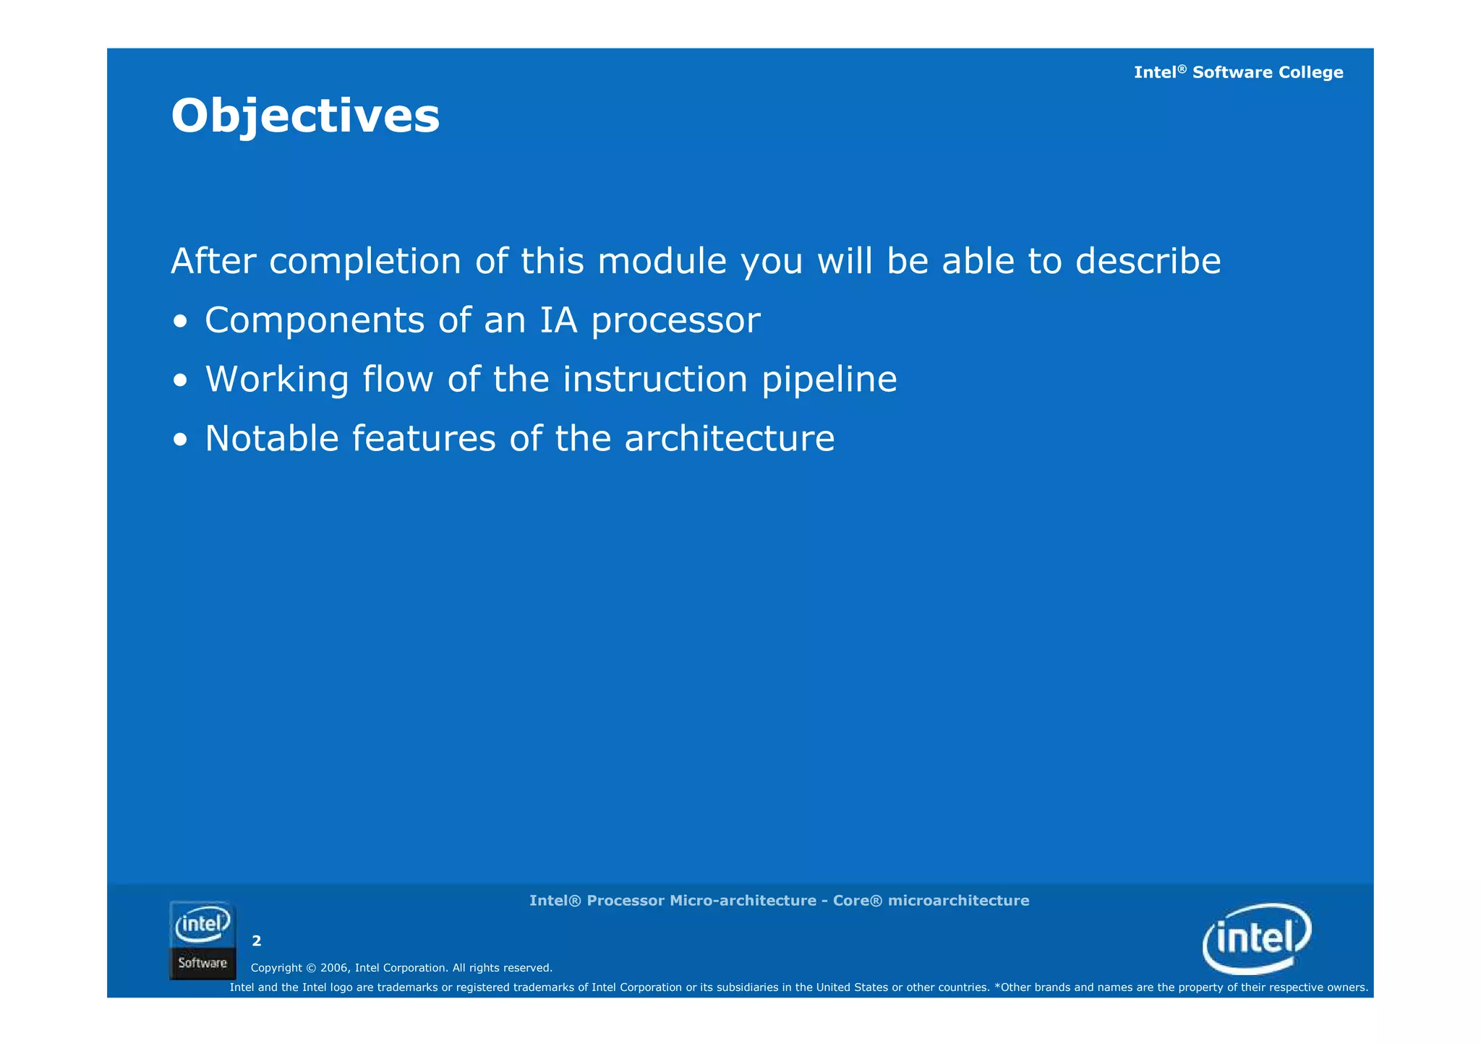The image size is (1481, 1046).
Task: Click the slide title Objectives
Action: coord(305,116)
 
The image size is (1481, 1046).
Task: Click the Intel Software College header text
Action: coord(1238,72)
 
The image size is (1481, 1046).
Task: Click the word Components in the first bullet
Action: coord(315,320)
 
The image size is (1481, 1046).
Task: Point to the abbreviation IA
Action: coord(558,320)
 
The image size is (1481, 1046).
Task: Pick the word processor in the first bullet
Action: coord(675,322)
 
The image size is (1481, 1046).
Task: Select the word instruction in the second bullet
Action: coord(655,380)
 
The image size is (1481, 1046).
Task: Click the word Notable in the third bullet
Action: coord(272,439)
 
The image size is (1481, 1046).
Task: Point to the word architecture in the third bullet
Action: coord(729,439)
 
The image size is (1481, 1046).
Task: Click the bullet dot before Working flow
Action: coord(181,380)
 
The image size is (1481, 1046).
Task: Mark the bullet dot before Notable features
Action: coord(181,440)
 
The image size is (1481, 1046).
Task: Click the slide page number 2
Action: coord(256,940)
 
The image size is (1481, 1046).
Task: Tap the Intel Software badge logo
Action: coord(202,940)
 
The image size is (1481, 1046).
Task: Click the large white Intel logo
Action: coord(1257,938)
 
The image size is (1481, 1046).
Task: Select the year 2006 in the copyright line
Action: coord(334,968)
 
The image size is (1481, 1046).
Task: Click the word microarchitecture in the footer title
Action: coord(958,901)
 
